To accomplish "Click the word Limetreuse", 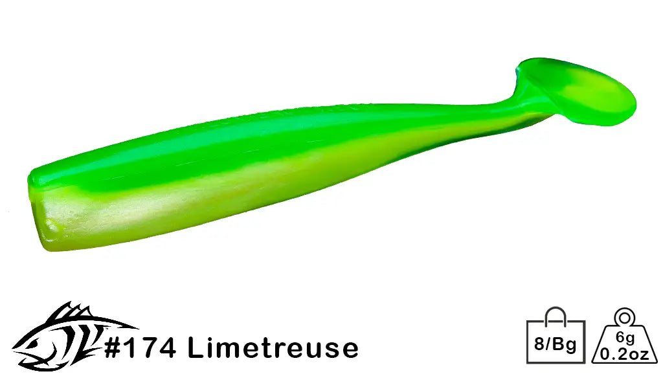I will (273, 348).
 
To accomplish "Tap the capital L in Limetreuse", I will (195, 348).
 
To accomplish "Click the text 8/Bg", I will (556, 342).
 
